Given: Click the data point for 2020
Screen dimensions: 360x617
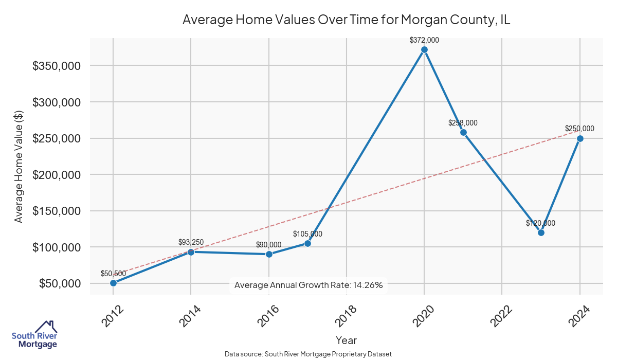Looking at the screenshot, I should click(424, 50).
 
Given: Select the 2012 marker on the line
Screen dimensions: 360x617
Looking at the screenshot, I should click(113, 283).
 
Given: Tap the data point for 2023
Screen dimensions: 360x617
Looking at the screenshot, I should click(541, 232).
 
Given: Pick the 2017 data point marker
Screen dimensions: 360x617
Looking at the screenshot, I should click(307, 243).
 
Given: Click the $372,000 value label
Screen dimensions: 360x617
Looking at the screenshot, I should click(424, 40).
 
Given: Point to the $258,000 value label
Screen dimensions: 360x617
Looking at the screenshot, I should click(463, 123).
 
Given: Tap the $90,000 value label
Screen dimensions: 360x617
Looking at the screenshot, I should click(269, 244).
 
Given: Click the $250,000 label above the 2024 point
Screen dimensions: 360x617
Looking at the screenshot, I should click(579, 129).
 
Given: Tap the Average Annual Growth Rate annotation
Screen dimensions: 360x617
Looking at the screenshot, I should click(308, 285).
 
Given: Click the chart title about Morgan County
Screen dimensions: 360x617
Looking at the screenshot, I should click(346, 20).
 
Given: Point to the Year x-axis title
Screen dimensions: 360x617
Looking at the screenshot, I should click(346, 340).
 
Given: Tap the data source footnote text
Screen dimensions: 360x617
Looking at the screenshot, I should click(308, 354).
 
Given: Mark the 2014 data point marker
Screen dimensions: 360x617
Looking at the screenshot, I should click(191, 252).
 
